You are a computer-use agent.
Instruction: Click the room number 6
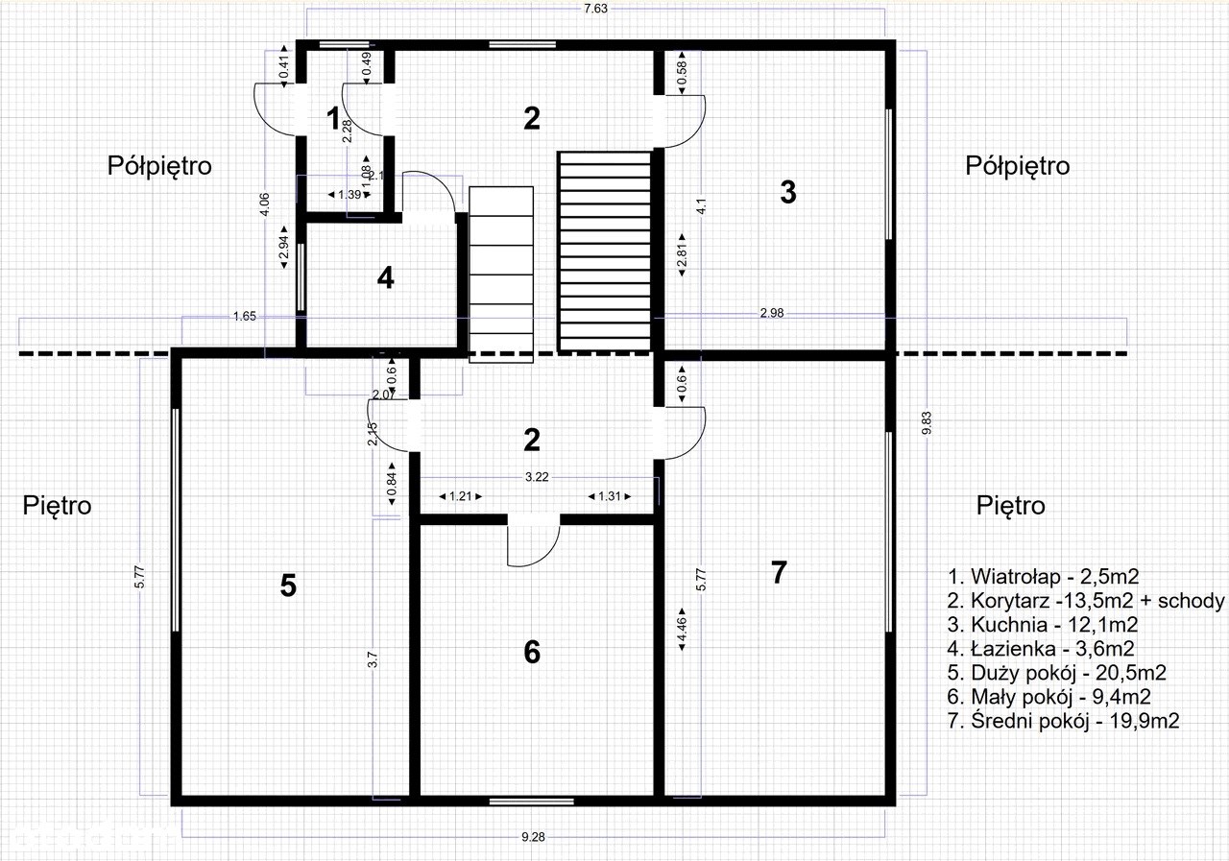coord(532,652)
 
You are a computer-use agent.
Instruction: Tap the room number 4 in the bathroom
coord(386,277)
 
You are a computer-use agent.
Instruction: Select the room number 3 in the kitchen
coord(788,193)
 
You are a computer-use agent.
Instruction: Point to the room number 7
coord(779,572)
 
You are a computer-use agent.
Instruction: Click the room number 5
coord(288,586)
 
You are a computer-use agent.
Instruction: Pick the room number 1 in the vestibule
coord(332,118)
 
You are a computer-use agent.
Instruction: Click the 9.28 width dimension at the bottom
coord(533,837)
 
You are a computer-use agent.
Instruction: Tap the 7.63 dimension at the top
coord(595,9)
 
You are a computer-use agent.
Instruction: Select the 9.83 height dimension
coord(927,423)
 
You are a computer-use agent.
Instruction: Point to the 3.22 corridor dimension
coord(537,477)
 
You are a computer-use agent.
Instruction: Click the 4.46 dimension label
coord(682,629)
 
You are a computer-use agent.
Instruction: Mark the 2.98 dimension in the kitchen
coord(771,313)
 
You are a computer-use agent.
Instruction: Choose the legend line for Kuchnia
coord(1043,625)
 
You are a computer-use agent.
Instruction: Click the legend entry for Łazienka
coord(1040,649)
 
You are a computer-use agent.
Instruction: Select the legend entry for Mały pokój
coord(1048,697)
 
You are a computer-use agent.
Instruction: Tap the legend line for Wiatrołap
coord(1043,576)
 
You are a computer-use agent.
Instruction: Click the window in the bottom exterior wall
coord(531,801)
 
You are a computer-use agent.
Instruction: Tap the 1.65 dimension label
coord(245,317)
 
